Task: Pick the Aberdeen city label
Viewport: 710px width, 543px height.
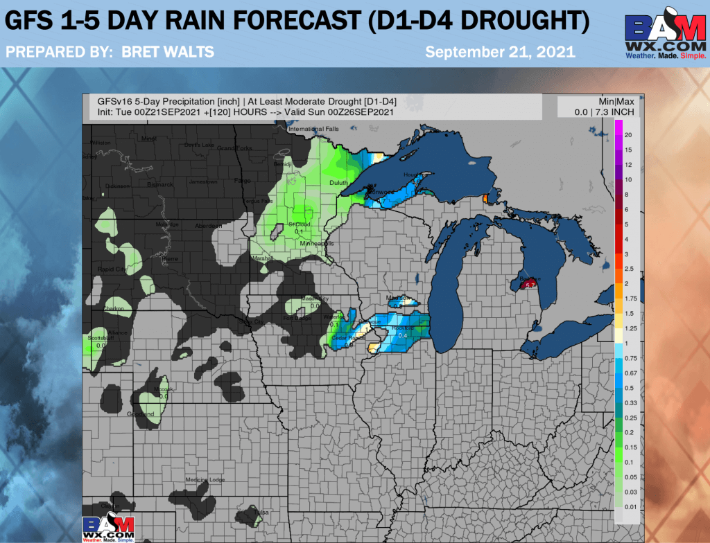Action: (209, 226)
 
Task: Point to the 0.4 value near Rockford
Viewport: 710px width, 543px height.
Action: (402, 336)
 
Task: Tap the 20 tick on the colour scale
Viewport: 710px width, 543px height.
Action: (627, 134)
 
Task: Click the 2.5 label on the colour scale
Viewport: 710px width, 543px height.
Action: (629, 268)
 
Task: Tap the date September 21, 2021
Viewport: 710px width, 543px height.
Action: (499, 51)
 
